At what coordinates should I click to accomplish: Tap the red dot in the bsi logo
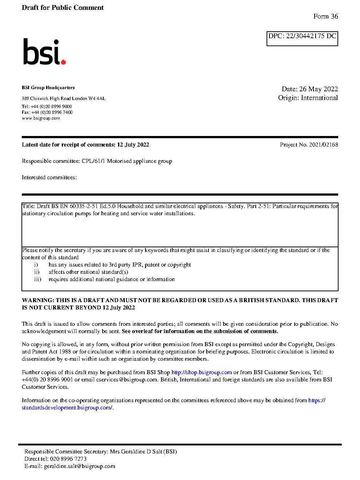pos(63,62)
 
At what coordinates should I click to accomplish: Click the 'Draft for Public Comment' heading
pos(63,8)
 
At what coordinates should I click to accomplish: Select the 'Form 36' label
pos(325,16)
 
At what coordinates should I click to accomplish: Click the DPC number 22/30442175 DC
pos(311,36)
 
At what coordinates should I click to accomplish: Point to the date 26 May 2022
pos(319,89)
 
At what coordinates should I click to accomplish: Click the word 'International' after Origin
pos(319,98)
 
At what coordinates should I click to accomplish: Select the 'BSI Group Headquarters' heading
pos(48,88)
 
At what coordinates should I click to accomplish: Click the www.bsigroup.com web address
pos(41,118)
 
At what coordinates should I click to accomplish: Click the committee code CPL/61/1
pos(93,161)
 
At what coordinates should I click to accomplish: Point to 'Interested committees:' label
pos(49,177)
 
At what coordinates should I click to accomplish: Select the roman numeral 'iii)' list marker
pos(37,279)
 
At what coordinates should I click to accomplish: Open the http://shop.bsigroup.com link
pos(201,372)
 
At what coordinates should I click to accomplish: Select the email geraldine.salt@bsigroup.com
pos(79,466)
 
